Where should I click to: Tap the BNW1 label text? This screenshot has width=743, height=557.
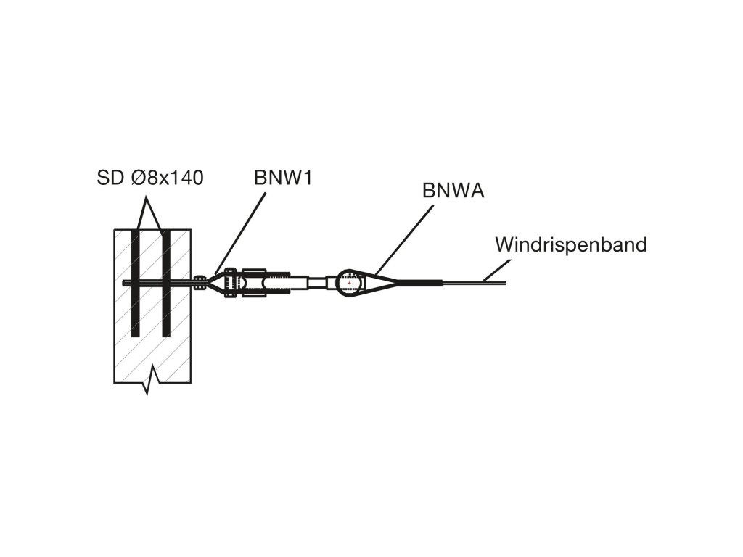[283, 178]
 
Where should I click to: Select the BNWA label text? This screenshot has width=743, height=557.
[453, 191]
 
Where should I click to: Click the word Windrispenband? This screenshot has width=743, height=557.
[570, 244]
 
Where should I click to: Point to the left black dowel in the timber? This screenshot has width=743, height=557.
[135, 283]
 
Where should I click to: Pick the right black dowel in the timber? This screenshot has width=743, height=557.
[166, 283]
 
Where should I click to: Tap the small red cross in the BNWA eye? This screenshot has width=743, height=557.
[350, 283]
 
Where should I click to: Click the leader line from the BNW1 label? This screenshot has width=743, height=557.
[239, 231]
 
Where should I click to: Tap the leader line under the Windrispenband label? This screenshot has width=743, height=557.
[493, 272]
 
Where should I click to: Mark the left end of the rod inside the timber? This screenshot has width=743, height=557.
[126, 283]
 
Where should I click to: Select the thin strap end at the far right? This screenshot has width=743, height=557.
[501, 282]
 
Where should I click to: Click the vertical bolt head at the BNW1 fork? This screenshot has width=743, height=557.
[230, 282]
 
